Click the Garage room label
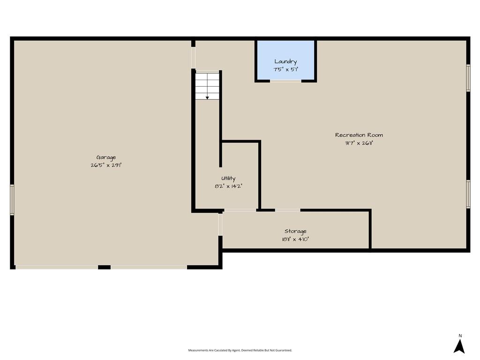pos(106,157)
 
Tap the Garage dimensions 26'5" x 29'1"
pos(106,165)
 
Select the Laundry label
pos(285,62)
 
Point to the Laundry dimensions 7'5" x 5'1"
pos(285,69)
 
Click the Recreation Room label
pos(359,135)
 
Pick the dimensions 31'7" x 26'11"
pos(359,143)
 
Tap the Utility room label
pos(228,179)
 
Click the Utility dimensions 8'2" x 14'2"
pos(228,186)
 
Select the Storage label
pos(295,232)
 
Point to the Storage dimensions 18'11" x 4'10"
pos(295,240)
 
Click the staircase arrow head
pos(207,98)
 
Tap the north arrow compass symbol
pos(459,346)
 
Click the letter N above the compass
pos(460,336)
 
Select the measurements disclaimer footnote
pos(240,350)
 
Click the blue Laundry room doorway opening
pos(285,81)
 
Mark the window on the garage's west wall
pos(12,200)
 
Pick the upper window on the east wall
pos(468,78)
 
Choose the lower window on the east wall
pos(468,195)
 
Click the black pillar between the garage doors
pos(104,267)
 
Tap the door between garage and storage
pos(220,225)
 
